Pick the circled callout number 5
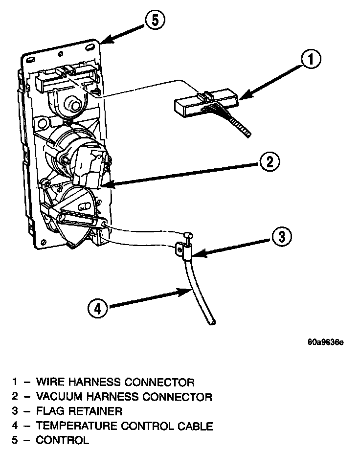point(155,21)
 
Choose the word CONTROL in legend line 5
point(63,441)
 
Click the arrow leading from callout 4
point(147,298)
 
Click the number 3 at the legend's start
point(15,411)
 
